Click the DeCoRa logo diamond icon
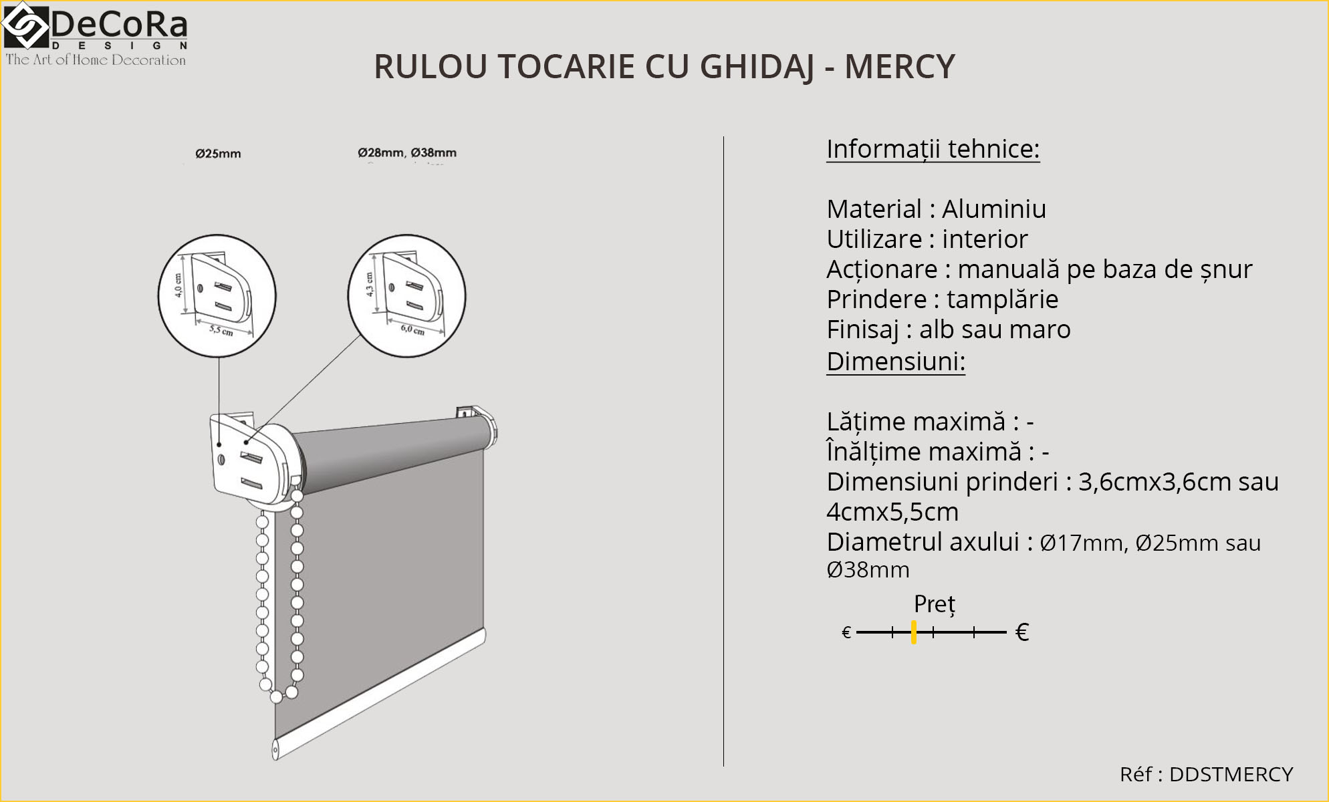pyautogui.click(x=25, y=26)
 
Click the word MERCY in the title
pyautogui.click(x=899, y=67)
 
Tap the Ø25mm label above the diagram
pyautogui.click(x=218, y=154)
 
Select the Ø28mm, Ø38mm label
pyautogui.click(x=406, y=153)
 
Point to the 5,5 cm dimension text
pyautogui.click(x=221, y=330)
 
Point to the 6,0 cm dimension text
pyautogui.click(x=412, y=329)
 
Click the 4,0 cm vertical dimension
pyautogui.click(x=178, y=285)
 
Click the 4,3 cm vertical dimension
pyautogui.click(x=370, y=284)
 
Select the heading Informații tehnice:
pyautogui.click(x=933, y=149)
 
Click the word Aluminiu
pyautogui.click(x=993, y=209)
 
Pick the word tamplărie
pyautogui.click(x=1002, y=299)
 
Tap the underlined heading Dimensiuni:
pyautogui.click(x=895, y=362)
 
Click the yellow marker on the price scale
pyautogui.click(x=913, y=632)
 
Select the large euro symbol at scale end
pyautogui.click(x=1021, y=632)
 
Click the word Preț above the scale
pyautogui.click(x=934, y=604)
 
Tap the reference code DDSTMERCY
pyautogui.click(x=1231, y=774)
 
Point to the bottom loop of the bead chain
pyautogui.click(x=277, y=696)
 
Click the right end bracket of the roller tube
pyautogui.click(x=479, y=421)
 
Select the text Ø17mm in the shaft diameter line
pyautogui.click(x=1081, y=543)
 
